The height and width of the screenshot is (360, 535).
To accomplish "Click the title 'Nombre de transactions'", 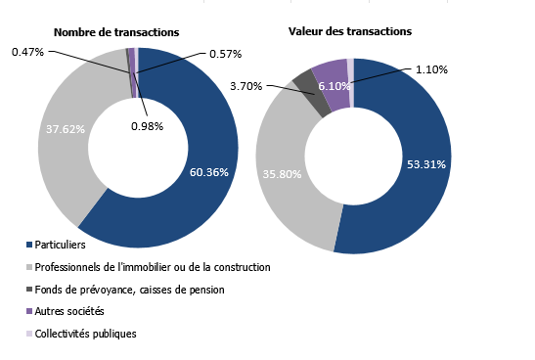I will click(x=108, y=32).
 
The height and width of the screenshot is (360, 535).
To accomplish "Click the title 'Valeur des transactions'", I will click(x=349, y=32).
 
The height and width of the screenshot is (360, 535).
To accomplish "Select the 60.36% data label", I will click(x=208, y=172).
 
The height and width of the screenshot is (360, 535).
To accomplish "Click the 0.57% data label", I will click(x=224, y=53).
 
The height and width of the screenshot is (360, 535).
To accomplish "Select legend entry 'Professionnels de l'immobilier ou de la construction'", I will click(x=152, y=266).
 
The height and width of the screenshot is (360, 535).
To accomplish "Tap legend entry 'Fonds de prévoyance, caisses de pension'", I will click(x=129, y=289).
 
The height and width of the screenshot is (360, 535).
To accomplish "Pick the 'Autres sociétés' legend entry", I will click(x=69, y=311).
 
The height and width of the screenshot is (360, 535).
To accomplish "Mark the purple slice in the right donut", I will click(x=333, y=72).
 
